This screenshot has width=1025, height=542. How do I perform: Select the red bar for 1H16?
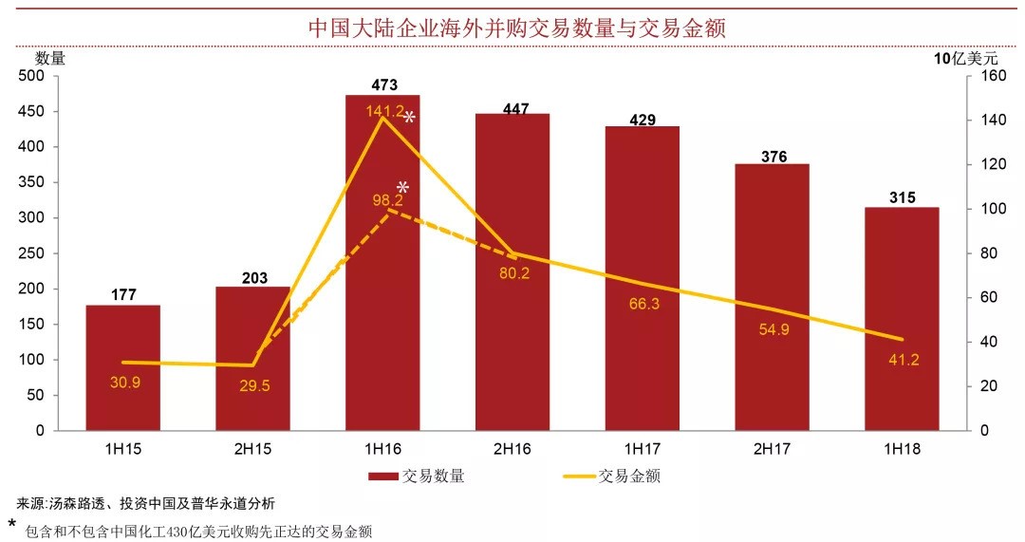pos(382,285)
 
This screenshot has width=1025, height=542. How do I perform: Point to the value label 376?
pos(773,157)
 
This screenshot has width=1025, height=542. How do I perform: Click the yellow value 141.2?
pos(384,111)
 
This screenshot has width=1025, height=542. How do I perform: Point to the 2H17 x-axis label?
pos(773,448)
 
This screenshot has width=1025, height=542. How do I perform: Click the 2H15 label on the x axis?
pos(252,448)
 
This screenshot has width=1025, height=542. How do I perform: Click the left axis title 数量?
pos(50,58)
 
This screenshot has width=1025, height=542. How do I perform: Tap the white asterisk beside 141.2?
pos(410,118)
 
